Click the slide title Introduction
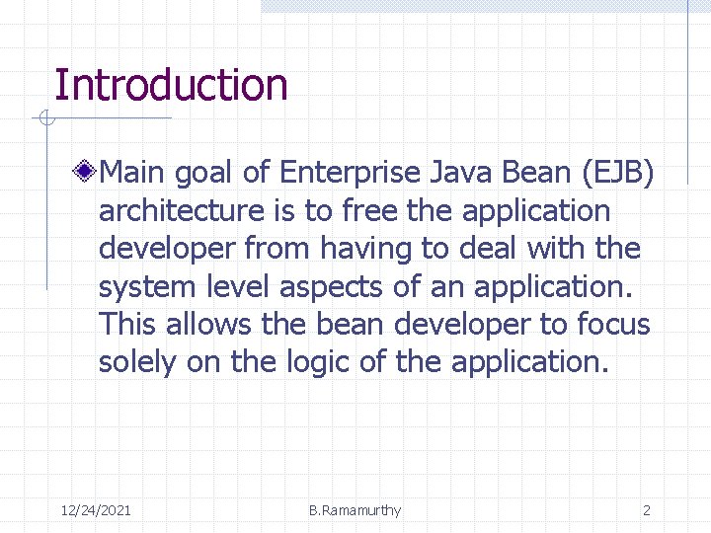171,86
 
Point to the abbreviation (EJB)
619,174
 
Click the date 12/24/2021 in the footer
96,510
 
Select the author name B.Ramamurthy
355,510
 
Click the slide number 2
647,510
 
